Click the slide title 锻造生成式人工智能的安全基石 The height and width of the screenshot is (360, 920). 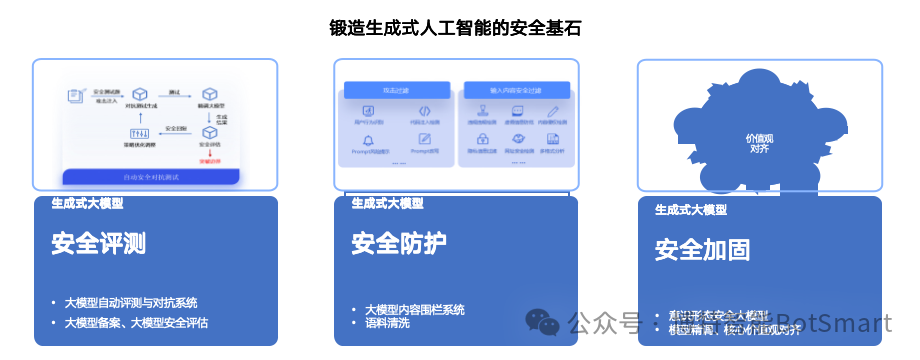455,28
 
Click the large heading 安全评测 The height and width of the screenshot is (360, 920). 99,244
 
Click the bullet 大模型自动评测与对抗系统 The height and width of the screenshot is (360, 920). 130,303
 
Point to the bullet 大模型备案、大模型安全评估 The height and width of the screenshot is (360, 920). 136,323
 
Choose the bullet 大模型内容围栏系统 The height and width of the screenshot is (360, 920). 414,310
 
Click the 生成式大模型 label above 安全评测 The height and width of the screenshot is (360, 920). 87,203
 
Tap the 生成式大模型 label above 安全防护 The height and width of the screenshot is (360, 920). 387,203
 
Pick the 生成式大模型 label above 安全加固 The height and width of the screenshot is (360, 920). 691,210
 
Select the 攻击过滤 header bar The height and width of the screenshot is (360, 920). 396,89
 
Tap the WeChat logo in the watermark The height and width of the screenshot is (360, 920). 543,322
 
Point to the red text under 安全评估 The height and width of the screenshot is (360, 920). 213,160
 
